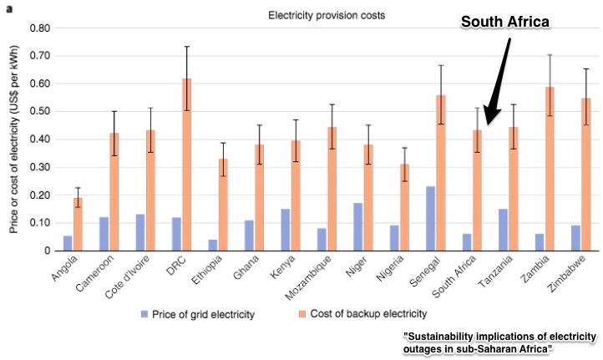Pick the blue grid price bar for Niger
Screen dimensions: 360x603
coord(357,226)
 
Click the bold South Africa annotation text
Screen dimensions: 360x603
coord(506,23)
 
